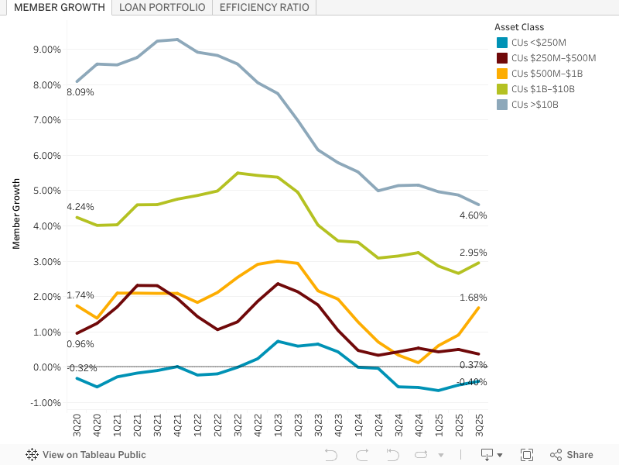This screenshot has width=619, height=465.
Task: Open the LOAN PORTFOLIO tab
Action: click(x=162, y=8)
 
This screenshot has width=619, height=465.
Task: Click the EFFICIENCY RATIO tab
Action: click(x=264, y=8)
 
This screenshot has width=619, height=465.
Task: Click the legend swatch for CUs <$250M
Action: click(x=502, y=43)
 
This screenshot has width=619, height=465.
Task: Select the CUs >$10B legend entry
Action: click(x=535, y=105)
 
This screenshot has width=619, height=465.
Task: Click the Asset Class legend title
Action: click(x=519, y=27)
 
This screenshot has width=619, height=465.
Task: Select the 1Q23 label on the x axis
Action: click(x=278, y=427)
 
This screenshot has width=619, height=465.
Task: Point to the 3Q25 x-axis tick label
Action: click(x=479, y=427)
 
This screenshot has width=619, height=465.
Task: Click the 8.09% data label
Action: click(x=80, y=92)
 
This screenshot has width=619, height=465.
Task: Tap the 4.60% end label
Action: click(x=472, y=215)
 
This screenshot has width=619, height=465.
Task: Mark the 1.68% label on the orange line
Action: click(x=472, y=298)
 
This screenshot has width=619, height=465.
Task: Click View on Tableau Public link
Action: click(x=86, y=455)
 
